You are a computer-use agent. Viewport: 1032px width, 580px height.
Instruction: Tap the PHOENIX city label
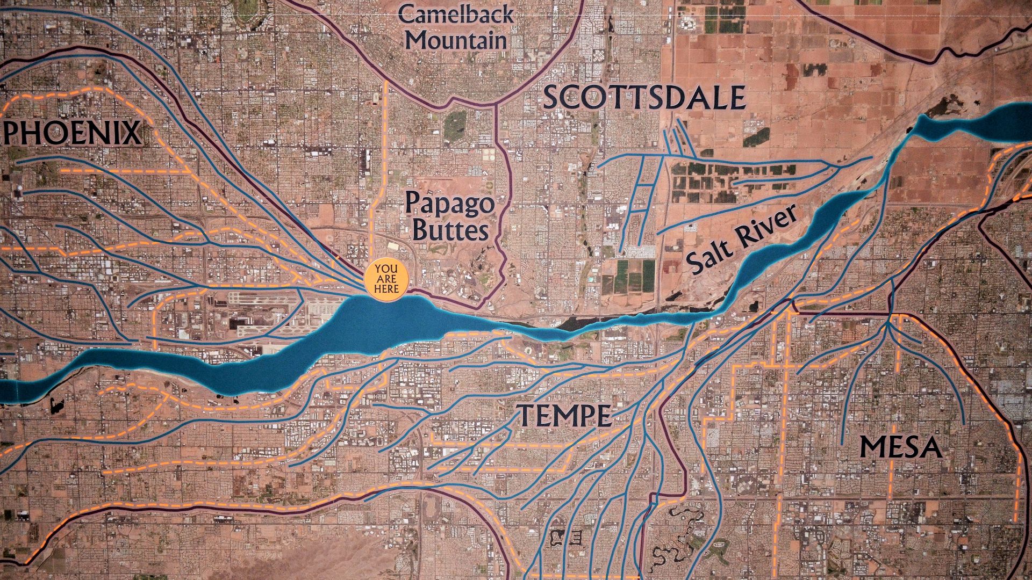(73, 133)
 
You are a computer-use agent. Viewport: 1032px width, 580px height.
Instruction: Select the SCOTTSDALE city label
(644, 98)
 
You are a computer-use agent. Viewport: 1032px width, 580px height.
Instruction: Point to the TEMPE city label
(564, 415)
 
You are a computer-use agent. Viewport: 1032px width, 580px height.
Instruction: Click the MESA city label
(900, 447)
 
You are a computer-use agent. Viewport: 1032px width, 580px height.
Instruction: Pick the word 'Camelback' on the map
(456, 15)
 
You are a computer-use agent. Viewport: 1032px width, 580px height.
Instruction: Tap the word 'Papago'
(449, 204)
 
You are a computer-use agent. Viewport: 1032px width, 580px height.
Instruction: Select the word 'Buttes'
(450, 231)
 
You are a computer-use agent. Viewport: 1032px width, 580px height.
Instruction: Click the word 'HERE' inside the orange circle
(386, 289)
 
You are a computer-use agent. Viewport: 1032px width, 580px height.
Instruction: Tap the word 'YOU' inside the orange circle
(386, 269)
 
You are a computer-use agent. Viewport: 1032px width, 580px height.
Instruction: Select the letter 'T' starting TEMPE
(525, 415)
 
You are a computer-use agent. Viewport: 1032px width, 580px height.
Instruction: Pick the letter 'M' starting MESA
(872, 447)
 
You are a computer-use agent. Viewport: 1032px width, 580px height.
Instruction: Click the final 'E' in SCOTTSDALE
(736, 98)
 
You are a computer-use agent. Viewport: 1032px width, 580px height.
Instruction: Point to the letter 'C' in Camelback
(407, 15)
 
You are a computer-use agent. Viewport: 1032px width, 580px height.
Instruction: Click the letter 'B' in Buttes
(420, 231)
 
